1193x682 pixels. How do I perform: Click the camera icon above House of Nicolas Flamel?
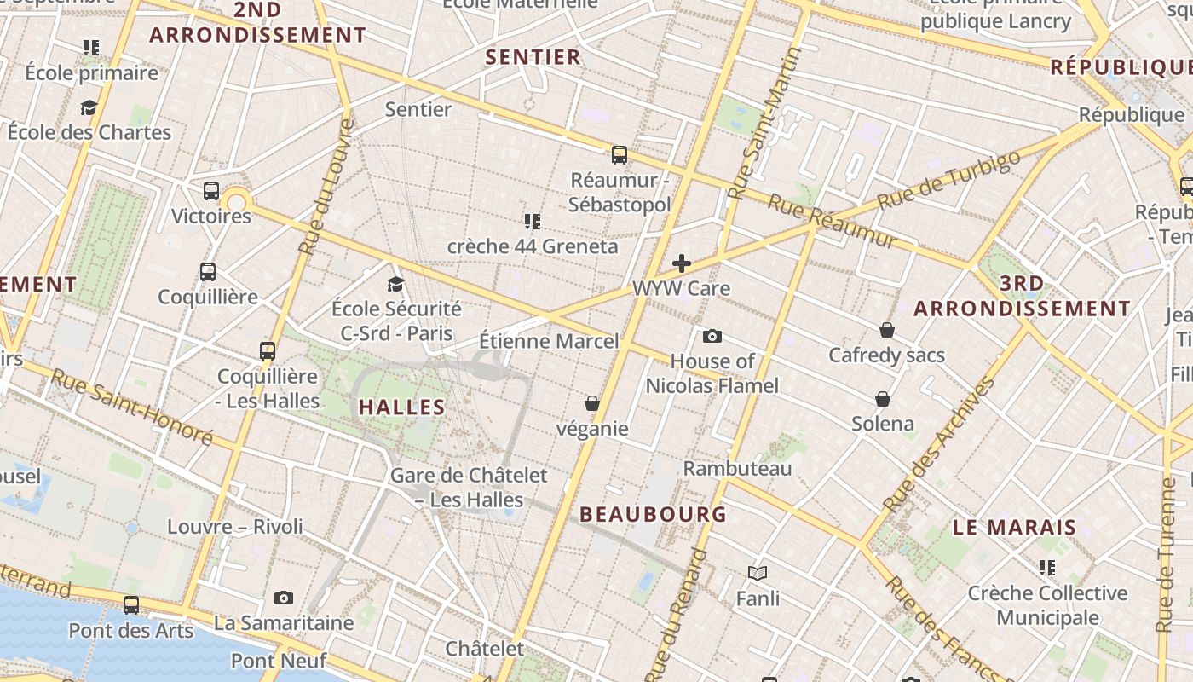(712, 337)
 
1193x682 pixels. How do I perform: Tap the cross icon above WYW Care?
(682, 263)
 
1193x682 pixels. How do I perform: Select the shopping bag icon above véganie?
(592, 403)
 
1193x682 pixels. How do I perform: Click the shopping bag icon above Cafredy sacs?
(887, 330)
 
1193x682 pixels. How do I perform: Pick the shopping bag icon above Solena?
(883, 399)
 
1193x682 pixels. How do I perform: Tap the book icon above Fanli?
(758, 574)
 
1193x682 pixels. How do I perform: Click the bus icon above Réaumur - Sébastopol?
(620, 155)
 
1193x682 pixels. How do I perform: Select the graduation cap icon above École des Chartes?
(89, 107)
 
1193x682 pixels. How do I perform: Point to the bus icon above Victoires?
(211, 191)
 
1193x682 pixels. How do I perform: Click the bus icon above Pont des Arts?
(131, 605)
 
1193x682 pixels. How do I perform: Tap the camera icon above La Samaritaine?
(284, 598)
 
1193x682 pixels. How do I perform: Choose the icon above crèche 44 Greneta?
(533, 222)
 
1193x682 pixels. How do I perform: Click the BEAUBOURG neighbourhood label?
(653, 514)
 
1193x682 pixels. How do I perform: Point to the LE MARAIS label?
(1015, 527)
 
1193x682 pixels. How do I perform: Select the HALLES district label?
(402, 407)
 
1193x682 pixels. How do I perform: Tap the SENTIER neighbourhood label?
(533, 57)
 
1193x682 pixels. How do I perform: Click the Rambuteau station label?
(738, 468)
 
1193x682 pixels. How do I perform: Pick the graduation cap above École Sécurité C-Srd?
(395, 284)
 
